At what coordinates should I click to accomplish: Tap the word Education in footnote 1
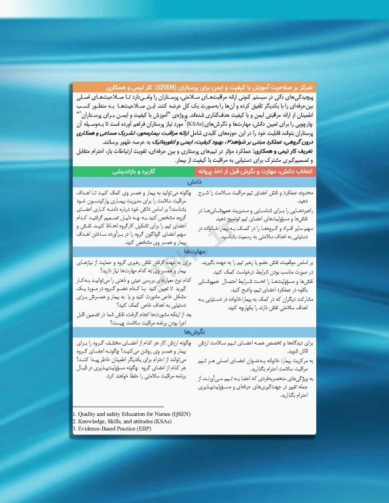130,415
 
